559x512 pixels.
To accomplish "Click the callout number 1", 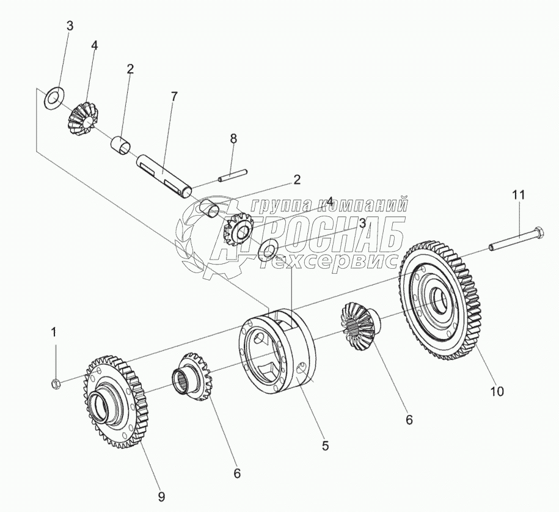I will [54, 332].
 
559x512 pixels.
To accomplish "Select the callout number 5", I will [326, 446].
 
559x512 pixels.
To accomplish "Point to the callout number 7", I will [174, 96].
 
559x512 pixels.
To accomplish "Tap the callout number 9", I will [161, 496].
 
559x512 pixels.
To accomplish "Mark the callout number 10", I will [497, 392].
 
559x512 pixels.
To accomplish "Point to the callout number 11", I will [518, 195].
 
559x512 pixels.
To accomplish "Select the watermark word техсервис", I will [333, 261].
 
